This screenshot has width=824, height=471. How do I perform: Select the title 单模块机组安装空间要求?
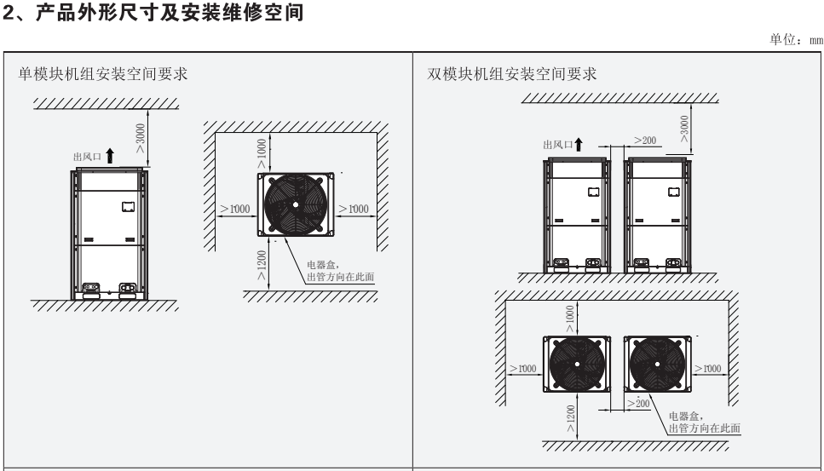point(103,75)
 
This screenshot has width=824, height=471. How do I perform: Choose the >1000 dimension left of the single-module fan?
point(231,209)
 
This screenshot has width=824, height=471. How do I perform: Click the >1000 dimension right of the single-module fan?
point(352,209)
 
